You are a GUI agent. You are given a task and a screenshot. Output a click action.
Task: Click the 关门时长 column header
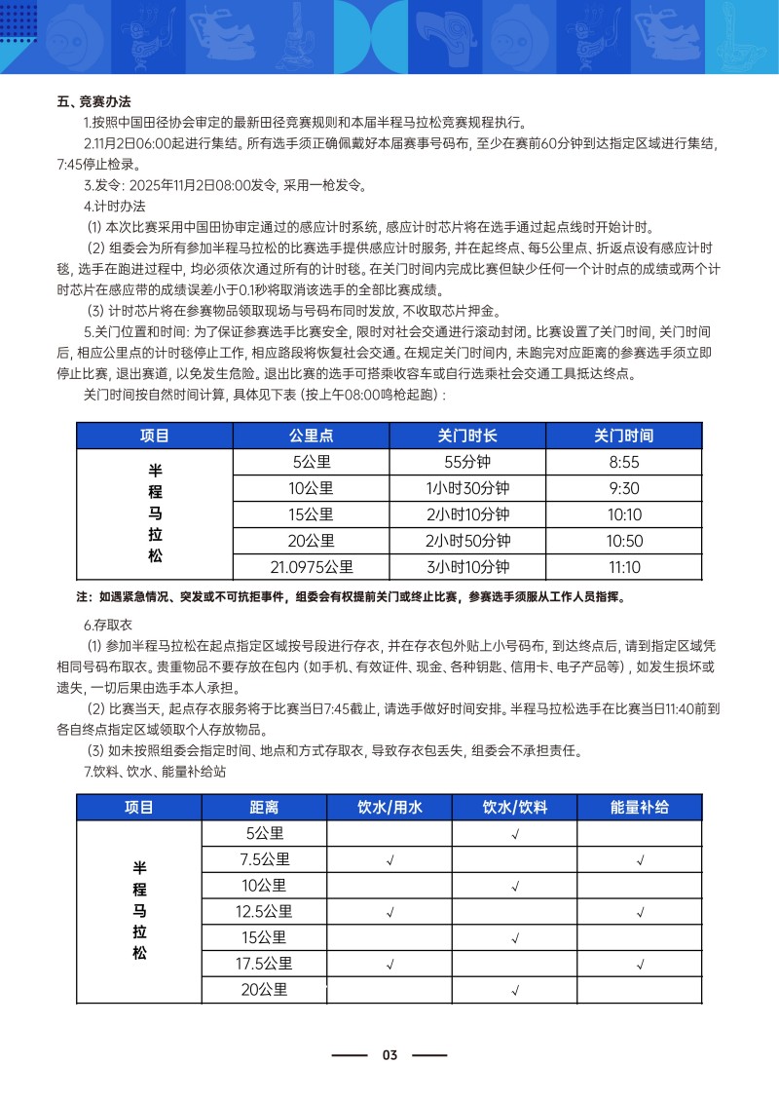[x=467, y=436]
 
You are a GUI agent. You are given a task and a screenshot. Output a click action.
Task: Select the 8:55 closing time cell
[x=623, y=462]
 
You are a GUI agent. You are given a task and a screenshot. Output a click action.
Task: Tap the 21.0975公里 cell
[x=312, y=567]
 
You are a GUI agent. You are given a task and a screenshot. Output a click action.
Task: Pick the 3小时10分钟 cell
[x=467, y=567]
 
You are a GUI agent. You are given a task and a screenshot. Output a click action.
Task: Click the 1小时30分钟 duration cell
[x=467, y=488]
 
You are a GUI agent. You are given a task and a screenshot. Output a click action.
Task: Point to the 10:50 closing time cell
[x=623, y=541]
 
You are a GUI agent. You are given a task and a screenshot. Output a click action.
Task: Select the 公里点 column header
[x=312, y=436]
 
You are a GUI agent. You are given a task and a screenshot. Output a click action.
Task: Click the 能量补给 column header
[x=640, y=807]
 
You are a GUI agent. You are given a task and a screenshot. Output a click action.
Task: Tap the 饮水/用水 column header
[x=389, y=807]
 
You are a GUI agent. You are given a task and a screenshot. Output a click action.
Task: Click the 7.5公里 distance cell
[x=264, y=859]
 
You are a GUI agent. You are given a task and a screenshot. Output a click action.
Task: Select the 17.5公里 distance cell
[x=264, y=965]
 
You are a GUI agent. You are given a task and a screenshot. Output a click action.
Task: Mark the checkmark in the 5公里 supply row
[x=514, y=834]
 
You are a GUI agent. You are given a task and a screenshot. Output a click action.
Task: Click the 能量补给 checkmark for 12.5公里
[x=640, y=913]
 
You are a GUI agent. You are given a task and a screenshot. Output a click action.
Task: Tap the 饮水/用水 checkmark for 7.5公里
[x=389, y=860]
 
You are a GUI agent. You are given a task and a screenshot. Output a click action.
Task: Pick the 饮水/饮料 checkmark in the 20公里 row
[x=514, y=992]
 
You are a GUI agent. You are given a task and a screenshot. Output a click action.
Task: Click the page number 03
[x=389, y=1055]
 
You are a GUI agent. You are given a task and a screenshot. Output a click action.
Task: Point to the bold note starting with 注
[x=351, y=596]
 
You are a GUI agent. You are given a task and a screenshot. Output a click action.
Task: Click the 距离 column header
[x=264, y=807]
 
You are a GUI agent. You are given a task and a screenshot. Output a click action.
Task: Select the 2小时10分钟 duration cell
[x=467, y=514]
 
